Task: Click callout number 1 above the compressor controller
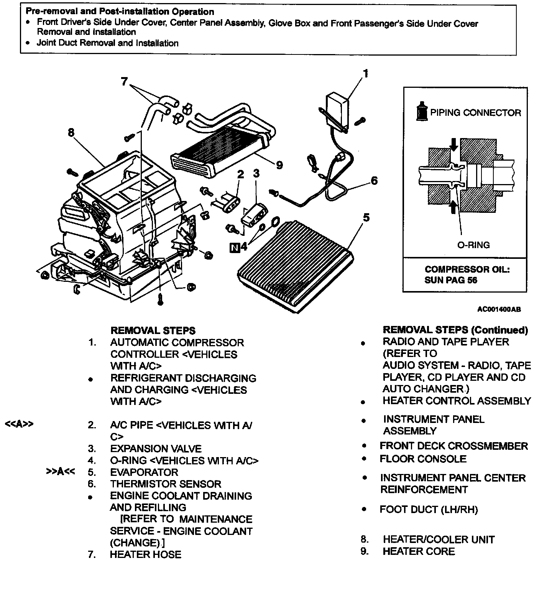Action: [366, 73]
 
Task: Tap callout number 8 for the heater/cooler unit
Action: [71, 133]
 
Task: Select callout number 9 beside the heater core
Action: [279, 165]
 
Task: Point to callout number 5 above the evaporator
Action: [366, 218]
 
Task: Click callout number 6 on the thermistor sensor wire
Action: [374, 181]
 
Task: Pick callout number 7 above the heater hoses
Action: [124, 82]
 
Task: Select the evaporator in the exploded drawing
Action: [295, 265]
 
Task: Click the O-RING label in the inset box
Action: [473, 245]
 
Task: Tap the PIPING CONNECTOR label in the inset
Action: [475, 113]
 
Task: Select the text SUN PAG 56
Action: [451, 280]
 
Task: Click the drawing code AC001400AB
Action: [499, 309]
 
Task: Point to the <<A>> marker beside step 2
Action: [19, 424]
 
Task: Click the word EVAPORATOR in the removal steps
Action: [144, 472]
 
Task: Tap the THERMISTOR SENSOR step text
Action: [166, 484]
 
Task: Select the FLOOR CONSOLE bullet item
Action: [423, 459]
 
